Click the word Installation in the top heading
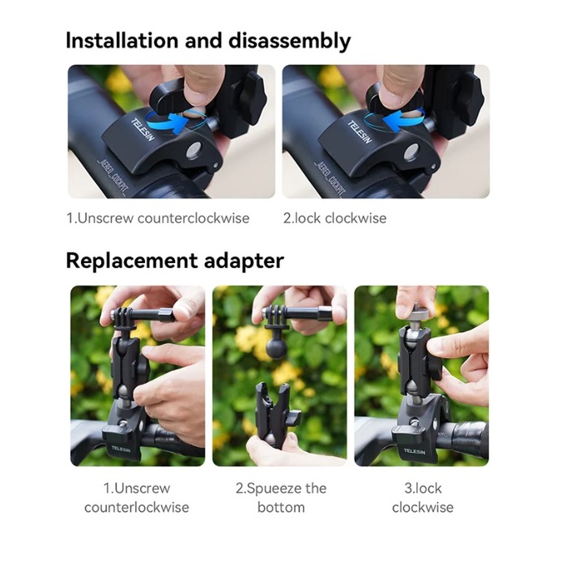pos(122,40)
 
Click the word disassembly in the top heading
pos(290,41)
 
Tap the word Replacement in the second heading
pos(132,262)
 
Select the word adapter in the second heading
pos(244,262)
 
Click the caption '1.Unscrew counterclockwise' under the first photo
pos(158,219)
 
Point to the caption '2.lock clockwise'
pos(334,219)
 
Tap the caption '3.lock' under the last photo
pos(423,488)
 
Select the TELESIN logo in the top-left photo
pos(143,130)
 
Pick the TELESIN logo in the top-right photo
pos(360,132)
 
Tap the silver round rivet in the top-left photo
pos(194,151)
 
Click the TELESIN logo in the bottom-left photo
pos(121,449)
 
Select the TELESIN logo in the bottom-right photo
pos(415,451)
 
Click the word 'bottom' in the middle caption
pos(281,508)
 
